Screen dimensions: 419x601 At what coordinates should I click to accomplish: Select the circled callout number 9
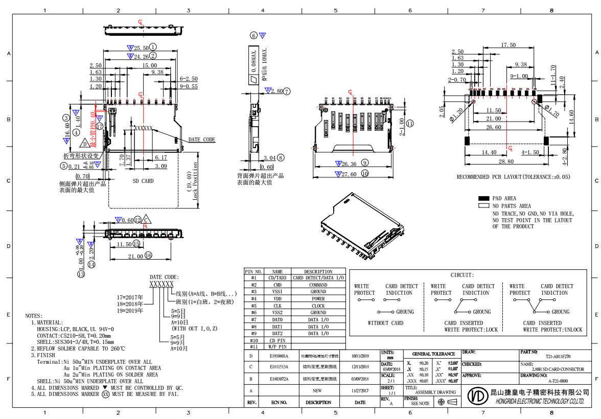(364, 162)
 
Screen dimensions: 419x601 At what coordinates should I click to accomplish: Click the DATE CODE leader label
(202, 139)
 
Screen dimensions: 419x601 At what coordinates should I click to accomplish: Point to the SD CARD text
(143, 181)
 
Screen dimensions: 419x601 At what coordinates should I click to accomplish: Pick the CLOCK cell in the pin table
(318, 306)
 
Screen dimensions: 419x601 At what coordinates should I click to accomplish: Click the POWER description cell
(318, 299)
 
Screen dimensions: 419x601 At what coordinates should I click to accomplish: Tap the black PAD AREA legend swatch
(483, 198)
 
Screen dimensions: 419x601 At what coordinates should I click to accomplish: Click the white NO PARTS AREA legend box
(483, 206)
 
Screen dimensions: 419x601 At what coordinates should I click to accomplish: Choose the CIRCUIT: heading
(462, 275)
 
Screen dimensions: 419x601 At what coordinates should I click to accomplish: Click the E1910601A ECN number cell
(279, 356)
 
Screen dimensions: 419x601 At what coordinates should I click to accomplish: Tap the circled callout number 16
(148, 255)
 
